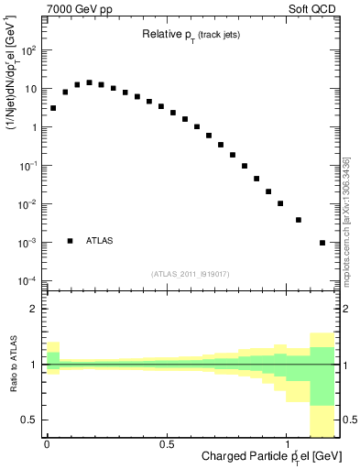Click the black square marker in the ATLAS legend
71,241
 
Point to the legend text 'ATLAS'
100,241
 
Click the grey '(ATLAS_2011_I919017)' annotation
190,274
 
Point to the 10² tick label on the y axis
27,51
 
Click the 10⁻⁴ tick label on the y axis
27,280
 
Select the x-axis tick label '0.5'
167,445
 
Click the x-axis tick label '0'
47,445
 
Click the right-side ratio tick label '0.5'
348,420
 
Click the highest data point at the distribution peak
89,82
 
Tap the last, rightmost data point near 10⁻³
322,243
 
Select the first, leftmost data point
53,108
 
